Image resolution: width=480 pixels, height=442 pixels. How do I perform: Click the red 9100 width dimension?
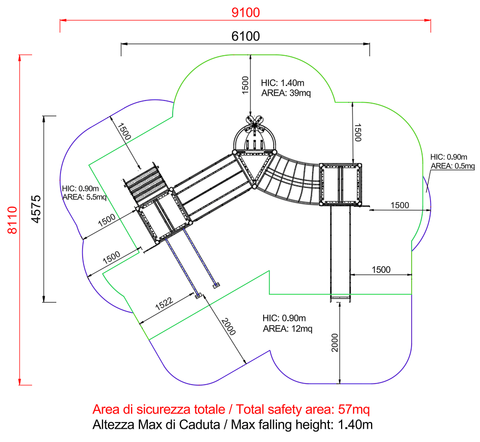coord(245,13)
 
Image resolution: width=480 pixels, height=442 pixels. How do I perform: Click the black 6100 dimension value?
coord(245,36)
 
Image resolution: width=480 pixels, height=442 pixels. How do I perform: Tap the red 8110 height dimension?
coord(13,220)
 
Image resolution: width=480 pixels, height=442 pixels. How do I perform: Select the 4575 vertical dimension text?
coord(36,209)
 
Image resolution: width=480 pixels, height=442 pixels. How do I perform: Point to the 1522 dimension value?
coord(164,304)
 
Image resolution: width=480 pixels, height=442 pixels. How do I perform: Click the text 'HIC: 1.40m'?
coord(283,83)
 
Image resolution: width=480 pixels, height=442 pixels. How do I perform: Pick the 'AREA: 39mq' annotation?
coord(286,93)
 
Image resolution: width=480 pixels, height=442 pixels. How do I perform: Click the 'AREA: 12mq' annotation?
coord(287,329)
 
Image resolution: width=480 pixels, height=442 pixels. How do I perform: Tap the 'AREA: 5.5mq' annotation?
coord(85,197)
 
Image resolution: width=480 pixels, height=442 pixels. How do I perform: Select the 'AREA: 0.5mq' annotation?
coord(453,166)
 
